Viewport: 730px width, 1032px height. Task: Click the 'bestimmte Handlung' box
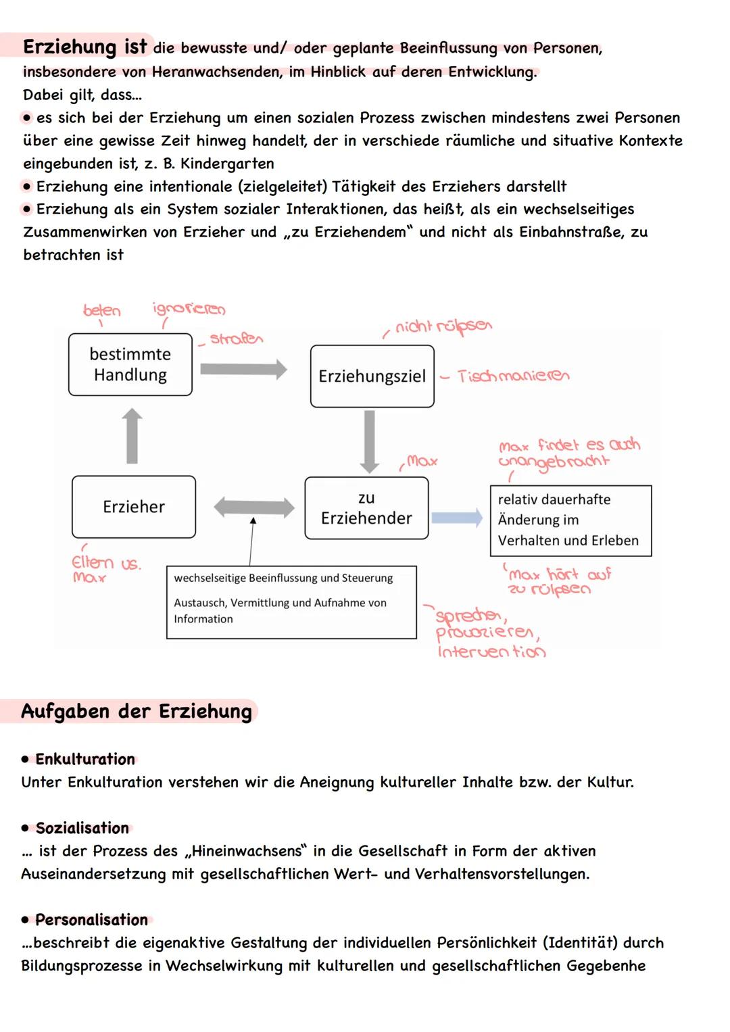click(130, 365)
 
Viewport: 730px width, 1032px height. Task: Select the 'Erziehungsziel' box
click(372, 376)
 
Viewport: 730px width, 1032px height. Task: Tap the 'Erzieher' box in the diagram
click(134, 507)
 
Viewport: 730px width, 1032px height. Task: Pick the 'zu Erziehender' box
click(366, 508)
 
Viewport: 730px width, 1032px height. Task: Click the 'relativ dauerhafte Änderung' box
click(570, 520)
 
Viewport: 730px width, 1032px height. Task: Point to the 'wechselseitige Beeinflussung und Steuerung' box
click(291, 601)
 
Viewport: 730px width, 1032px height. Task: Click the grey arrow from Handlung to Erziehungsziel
click(243, 368)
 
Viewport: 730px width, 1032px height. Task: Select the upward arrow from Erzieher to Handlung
click(132, 436)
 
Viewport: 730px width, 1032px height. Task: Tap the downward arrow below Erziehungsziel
click(369, 441)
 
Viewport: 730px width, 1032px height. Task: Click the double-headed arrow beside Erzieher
click(253, 508)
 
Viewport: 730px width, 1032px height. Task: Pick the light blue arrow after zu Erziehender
click(457, 518)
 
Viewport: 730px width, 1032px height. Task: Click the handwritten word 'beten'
click(102, 311)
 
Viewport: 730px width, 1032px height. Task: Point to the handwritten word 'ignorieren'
click(189, 310)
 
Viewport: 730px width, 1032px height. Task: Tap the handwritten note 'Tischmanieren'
click(513, 376)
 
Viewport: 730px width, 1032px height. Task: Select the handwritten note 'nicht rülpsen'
click(443, 327)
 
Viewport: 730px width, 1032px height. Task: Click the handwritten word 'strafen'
click(236, 339)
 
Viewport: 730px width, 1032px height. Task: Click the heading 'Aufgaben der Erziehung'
click(137, 712)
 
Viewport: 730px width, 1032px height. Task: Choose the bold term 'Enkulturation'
click(85, 759)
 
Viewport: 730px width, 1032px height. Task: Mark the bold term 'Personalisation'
click(91, 920)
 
